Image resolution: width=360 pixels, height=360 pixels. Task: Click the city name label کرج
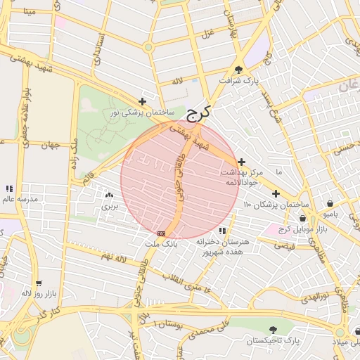click(x=200, y=112)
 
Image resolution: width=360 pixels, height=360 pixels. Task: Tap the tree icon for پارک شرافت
click(x=239, y=69)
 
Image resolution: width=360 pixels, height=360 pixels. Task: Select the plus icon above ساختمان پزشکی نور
click(x=143, y=101)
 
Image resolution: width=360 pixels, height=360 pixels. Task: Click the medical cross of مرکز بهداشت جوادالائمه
click(x=242, y=162)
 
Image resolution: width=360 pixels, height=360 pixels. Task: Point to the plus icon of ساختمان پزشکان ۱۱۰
click(x=276, y=193)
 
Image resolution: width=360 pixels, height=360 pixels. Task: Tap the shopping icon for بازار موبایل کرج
click(x=302, y=218)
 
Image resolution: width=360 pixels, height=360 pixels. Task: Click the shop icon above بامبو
click(x=330, y=204)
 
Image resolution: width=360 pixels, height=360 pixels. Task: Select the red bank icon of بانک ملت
click(x=162, y=233)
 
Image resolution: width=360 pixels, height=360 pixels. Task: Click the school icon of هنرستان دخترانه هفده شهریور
click(x=222, y=230)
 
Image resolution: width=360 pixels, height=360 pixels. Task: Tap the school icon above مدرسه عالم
click(x=9, y=188)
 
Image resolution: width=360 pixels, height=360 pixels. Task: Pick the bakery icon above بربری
click(x=109, y=196)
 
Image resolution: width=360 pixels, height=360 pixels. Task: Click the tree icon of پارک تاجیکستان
click(x=273, y=329)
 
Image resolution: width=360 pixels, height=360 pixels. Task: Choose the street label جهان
click(x=49, y=146)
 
